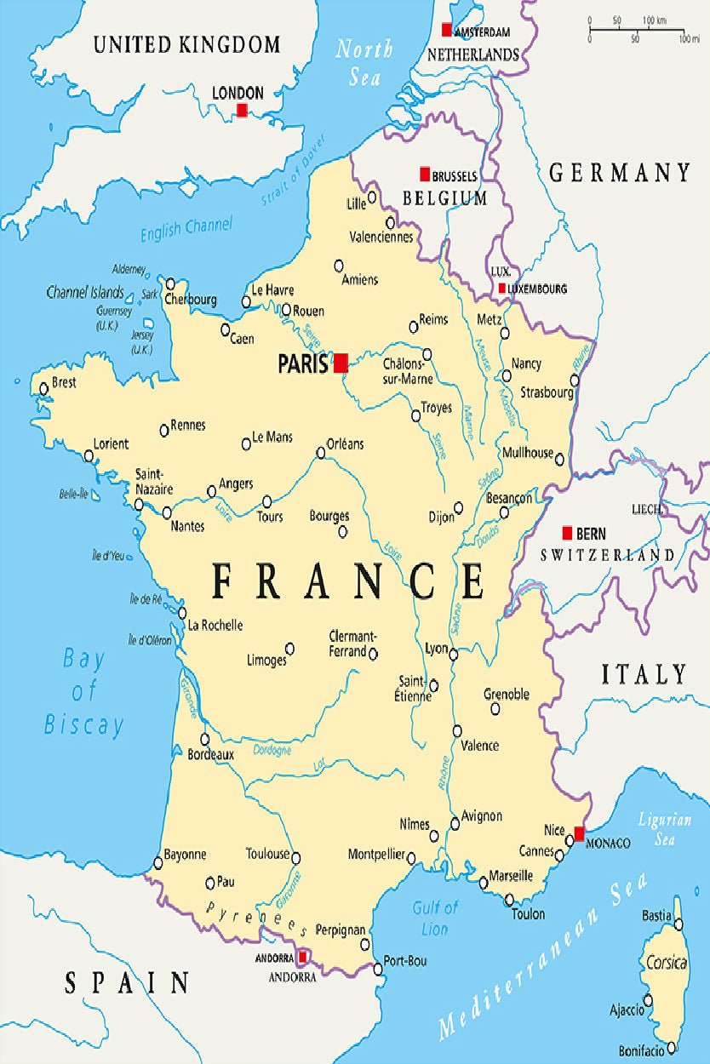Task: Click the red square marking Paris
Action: [341, 363]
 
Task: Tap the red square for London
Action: [242, 111]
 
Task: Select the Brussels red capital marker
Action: [425, 174]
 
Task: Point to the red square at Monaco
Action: [580, 833]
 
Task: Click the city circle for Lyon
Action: [453, 655]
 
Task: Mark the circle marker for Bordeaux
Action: [204, 739]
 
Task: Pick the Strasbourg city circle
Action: [575, 380]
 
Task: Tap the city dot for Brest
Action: [44, 389]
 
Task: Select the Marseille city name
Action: [511, 875]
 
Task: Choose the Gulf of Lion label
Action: [435, 918]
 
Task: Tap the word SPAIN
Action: [128, 983]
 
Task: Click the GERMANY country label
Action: [620, 173]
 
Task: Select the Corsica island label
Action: [667, 963]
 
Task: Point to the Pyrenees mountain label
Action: [255, 918]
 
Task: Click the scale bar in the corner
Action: [638, 31]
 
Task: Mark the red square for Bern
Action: [567, 533]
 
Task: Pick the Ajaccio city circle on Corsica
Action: [648, 1000]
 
